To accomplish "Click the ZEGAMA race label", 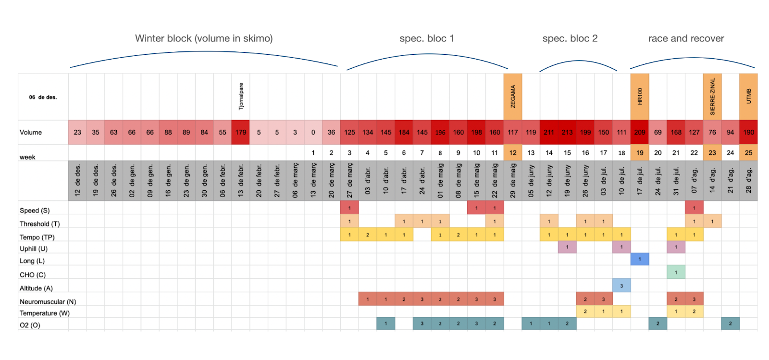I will click(x=513, y=96).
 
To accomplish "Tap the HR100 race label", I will click(x=640, y=96).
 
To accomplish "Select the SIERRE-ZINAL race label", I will click(x=712, y=96).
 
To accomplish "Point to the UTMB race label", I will click(x=748, y=96).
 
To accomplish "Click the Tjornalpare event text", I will click(x=241, y=96).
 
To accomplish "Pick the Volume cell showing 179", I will click(x=241, y=132).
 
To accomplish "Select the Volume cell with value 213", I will click(x=567, y=132).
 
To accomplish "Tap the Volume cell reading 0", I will click(x=313, y=132).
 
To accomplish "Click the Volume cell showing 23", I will click(x=77, y=132).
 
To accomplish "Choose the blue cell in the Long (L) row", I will click(x=640, y=259).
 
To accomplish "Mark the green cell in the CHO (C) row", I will click(x=676, y=273).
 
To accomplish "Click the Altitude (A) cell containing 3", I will click(x=621, y=286).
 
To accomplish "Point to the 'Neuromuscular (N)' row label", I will click(x=48, y=302).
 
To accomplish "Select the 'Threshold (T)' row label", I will click(x=39, y=224).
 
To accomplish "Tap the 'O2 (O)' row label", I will click(x=30, y=325).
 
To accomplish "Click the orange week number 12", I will click(x=513, y=153).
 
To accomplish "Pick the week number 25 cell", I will click(x=748, y=153).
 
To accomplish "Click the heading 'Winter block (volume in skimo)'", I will click(x=204, y=38).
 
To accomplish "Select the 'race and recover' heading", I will click(x=686, y=38).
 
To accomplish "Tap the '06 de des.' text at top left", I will click(x=43, y=97).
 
